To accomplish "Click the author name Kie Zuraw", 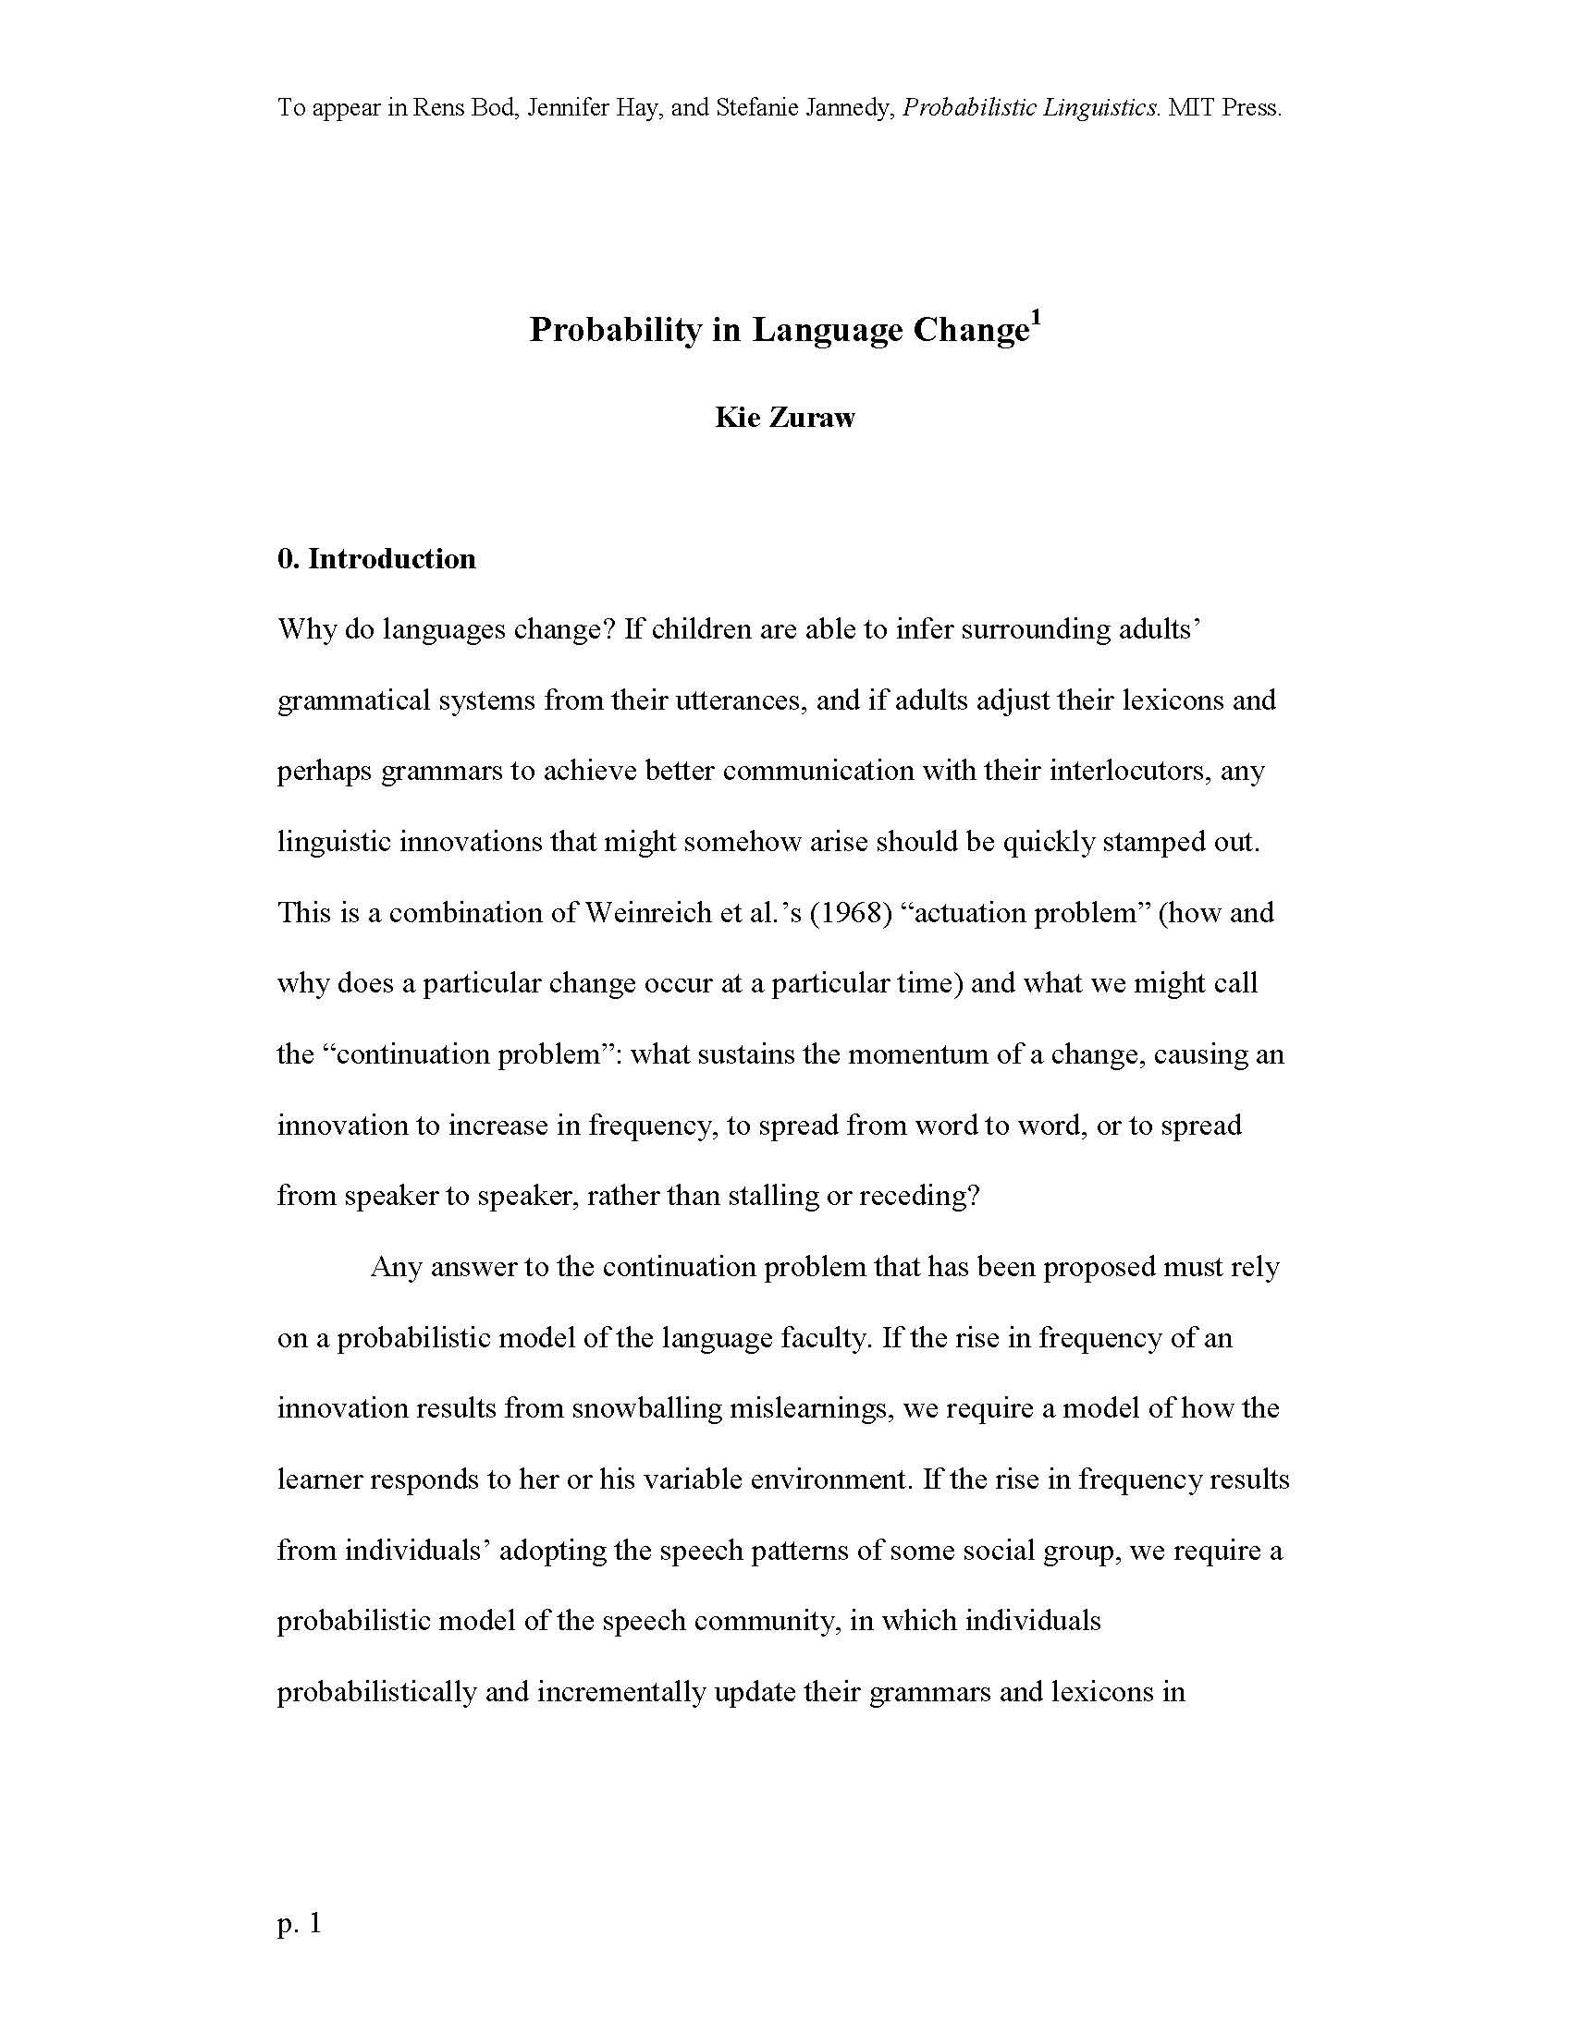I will [x=784, y=418].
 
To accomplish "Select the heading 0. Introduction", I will [x=376, y=558].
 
